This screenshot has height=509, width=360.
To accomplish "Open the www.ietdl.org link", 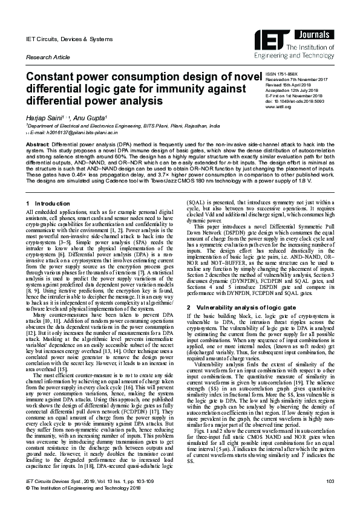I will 278,107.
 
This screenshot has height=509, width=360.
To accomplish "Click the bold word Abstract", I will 38,145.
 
